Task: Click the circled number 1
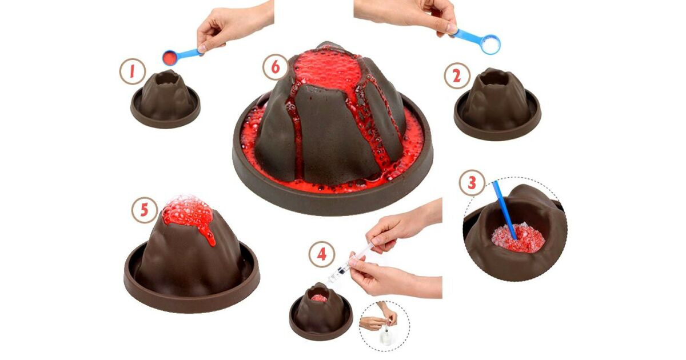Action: (x=132, y=71)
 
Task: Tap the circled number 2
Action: (x=457, y=76)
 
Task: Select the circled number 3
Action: (x=472, y=183)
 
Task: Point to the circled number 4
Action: (x=321, y=254)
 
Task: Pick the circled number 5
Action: (x=145, y=210)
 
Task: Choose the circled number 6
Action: (x=276, y=67)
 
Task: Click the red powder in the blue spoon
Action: (x=169, y=57)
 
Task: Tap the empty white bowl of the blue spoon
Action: (x=490, y=45)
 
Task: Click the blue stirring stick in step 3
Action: (x=505, y=210)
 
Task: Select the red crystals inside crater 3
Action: (x=518, y=238)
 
